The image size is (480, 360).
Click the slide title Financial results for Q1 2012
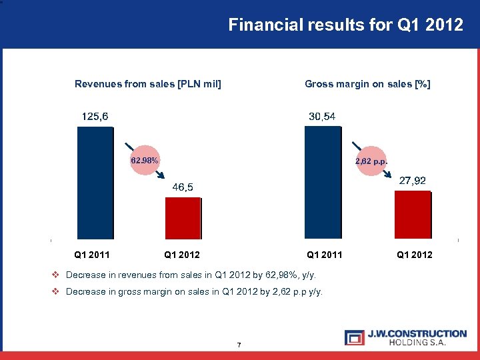(345, 25)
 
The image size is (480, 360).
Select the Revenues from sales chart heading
(148, 84)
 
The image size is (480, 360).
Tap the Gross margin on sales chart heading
(367, 84)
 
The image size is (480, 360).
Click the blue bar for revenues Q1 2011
(96, 182)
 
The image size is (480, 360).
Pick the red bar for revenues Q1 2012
(183, 217)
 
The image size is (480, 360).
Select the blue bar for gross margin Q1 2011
(323, 182)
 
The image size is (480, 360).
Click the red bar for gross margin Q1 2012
(413, 214)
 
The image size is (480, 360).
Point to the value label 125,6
(95, 117)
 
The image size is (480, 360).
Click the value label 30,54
(322, 117)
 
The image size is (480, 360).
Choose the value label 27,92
(413, 181)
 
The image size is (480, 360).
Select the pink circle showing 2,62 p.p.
(371, 161)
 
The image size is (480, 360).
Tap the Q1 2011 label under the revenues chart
(92, 255)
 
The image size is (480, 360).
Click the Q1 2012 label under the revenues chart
(182, 255)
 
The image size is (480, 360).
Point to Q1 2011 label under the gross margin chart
(324, 255)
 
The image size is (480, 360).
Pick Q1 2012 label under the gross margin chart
(414, 255)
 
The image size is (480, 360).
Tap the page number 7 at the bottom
(239, 345)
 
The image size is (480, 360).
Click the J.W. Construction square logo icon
(355, 337)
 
